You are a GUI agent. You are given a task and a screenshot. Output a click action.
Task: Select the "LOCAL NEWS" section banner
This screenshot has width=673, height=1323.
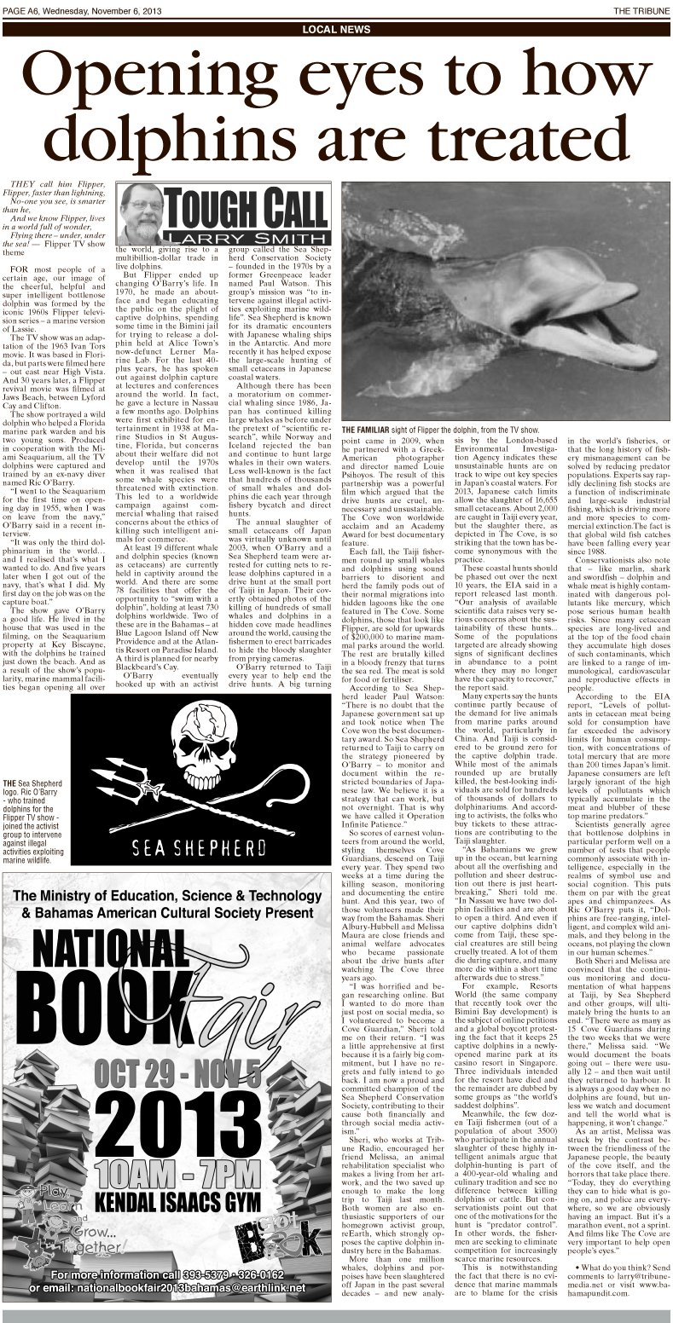(x=336, y=31)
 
